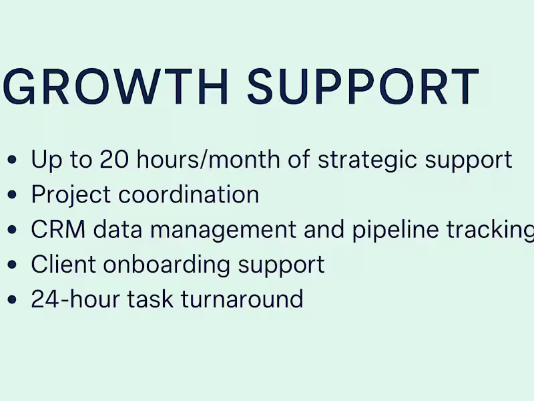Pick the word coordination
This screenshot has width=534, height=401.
[189, 194]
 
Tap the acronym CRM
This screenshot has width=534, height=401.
[58, 229]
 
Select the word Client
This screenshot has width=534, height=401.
[63, 264]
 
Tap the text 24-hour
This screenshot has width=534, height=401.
[69, 299]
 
